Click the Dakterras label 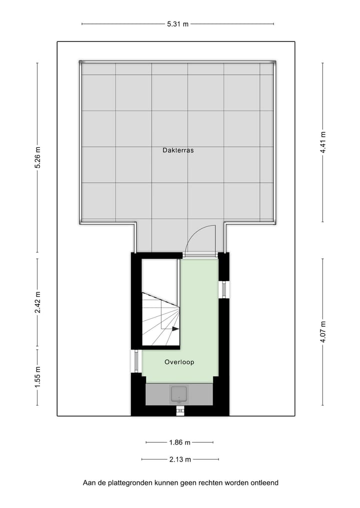click(178, 150)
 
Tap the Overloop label click(179, 362)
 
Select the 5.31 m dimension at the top click(178, 24)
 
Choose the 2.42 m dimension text click(37, 302)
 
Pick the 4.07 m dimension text click(323, 332)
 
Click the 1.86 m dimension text click(179, 443)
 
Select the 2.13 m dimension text click(179, 460)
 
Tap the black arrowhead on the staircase click(175, 329)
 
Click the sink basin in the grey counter click(179, 394)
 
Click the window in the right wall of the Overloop click(224, 289)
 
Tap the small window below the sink click(179, 411)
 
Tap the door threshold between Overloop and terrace click(199, 255)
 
